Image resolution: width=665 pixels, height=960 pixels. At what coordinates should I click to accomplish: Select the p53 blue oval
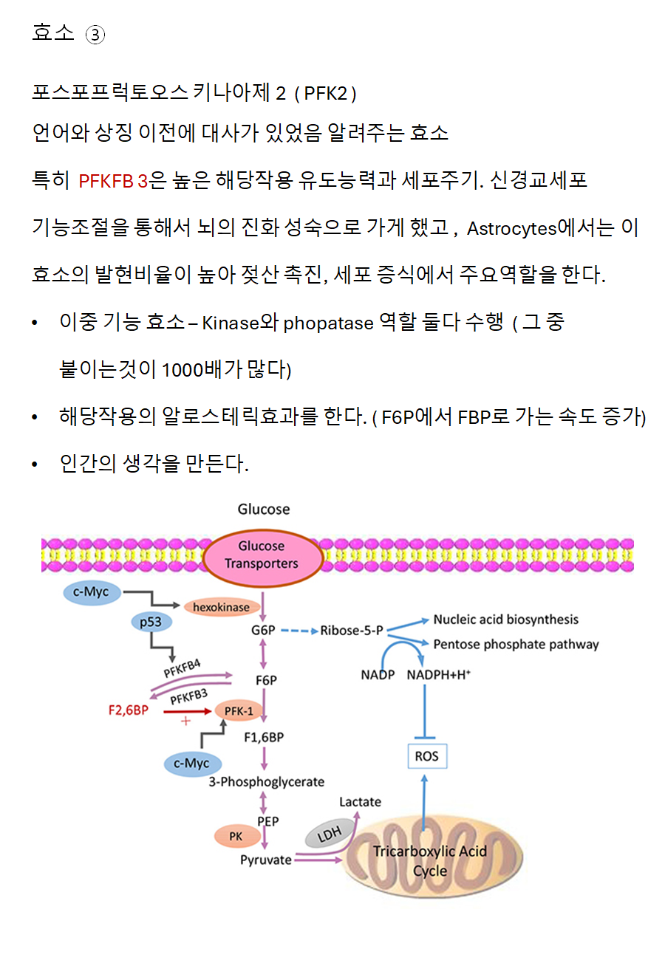(151, 622)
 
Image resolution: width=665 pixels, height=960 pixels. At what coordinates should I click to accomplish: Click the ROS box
(426, 755)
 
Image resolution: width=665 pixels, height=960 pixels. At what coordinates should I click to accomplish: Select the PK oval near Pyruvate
(236, 836)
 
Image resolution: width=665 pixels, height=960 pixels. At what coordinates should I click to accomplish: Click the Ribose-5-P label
(352, 631)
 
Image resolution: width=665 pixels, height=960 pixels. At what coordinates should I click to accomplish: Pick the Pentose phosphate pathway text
(516, 644)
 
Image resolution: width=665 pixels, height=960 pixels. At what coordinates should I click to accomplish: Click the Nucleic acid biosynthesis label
(505, 619)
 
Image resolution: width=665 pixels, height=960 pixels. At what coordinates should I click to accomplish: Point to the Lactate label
(360, 801)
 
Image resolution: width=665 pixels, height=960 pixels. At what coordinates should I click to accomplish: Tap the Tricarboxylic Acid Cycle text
(430, 860)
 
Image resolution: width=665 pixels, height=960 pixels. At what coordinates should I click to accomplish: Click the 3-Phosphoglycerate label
(267, 781)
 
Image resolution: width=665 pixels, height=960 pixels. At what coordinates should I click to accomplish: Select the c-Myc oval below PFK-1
(191, 763)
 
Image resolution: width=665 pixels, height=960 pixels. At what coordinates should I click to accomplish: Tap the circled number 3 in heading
(95, 35)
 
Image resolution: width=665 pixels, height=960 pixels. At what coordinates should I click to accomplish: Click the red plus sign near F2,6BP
(185, 721)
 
